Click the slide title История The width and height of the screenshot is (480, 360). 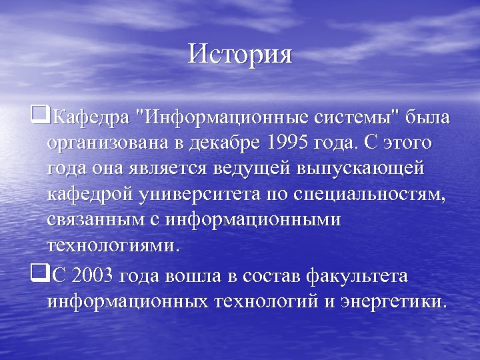240,54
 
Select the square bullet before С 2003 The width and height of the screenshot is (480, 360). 40,273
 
